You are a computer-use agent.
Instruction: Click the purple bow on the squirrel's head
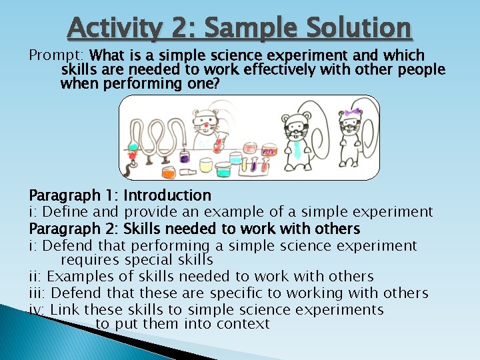[351, 112]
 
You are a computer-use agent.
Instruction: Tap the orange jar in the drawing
[168, 171]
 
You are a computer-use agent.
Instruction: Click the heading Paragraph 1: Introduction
[120, 195]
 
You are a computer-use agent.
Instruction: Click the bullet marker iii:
[38, 293]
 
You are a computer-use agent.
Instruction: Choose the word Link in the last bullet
[65, 309]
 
